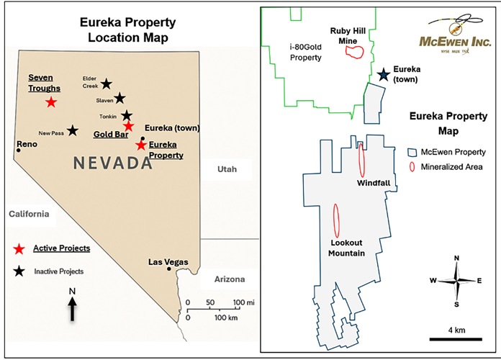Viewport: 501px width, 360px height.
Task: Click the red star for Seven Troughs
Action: tap(51, 102)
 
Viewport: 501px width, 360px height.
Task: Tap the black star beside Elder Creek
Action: tap(107, 84)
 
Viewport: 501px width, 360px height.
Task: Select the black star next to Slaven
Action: tap(119, 98)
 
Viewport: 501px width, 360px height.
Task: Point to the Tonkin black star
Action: tap(127, 115)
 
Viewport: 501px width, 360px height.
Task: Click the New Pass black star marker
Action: tap(72, 131)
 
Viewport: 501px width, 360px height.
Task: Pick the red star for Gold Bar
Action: tap(128, 127)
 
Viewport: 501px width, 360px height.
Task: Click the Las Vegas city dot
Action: tap(168, 269)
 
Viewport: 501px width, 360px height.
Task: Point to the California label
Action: tap(28, 214)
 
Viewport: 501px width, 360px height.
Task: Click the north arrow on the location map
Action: tap(73, 310)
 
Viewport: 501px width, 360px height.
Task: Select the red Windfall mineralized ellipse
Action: tap(362, 160)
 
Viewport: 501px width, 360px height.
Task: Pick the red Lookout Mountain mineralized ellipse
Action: tap(336, 223)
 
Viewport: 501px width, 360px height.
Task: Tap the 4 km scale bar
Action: tap(451, 336)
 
